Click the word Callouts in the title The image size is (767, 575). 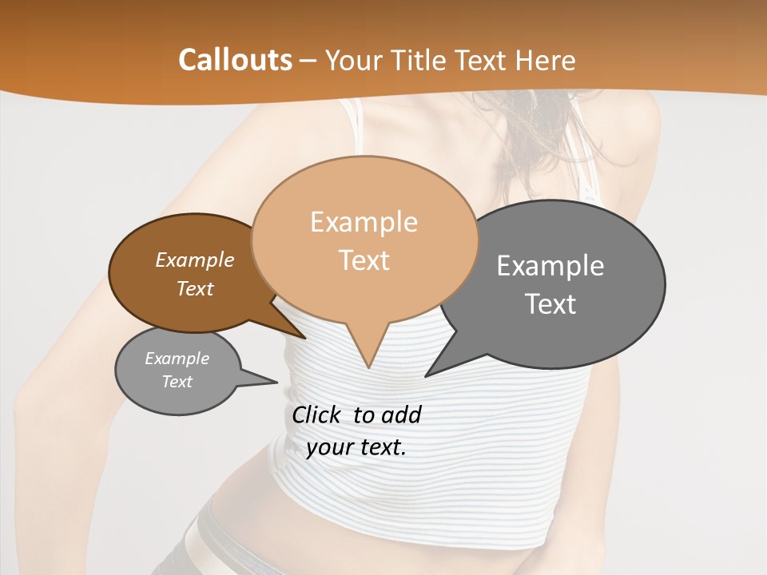pos(235,60)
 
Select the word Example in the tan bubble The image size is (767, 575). pos(364,222)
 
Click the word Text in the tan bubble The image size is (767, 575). pos(364,260)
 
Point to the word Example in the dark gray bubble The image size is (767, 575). pos(550,266)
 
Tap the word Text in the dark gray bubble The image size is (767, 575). pos(550,303)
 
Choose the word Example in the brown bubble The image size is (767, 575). pos(195,260)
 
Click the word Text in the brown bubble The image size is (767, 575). pos(195,288)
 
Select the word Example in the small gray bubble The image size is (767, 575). pos(177,359)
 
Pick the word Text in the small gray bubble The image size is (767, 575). pos(177,382)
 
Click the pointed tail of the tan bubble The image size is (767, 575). pos(368,366)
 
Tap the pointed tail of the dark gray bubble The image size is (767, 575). pos(427,374)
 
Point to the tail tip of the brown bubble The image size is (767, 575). pos(304,337)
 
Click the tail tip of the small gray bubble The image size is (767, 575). pos(276,382)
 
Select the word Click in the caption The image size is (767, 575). pos(318,414)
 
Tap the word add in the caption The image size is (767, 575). pos(402,414)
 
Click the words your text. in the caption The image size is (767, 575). pos(356,447)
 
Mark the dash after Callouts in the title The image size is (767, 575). pos(308,60)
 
